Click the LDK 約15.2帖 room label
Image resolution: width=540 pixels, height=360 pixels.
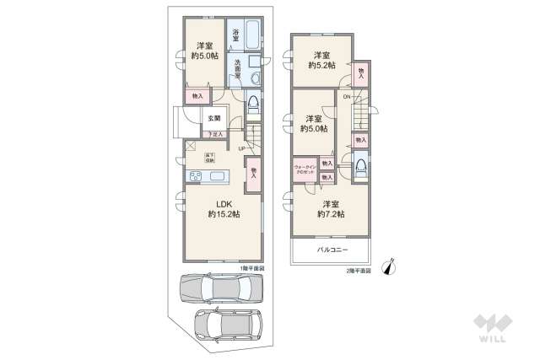point(224,208)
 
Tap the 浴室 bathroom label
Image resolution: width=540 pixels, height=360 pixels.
point(236,36)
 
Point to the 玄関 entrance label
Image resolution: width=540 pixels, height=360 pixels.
point(214,118)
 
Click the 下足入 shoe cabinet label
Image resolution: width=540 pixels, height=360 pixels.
point(214,134)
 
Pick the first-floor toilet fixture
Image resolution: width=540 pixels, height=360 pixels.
point(253,104)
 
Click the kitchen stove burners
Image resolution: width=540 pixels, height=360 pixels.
point(193,176)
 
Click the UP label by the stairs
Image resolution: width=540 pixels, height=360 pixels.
point(241,150)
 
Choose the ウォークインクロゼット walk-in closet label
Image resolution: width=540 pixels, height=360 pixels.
point(305,169)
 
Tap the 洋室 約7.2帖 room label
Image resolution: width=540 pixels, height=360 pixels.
point(330,209)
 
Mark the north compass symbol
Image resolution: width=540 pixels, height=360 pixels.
point(388,266)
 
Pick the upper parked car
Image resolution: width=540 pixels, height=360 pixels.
point(219,289)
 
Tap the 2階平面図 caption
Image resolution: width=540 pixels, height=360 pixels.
point(359,271)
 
